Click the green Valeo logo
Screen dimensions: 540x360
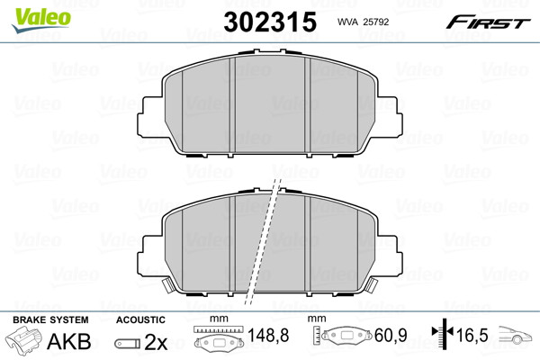(x=41, y=20)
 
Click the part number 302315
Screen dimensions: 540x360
(x=270, y=22)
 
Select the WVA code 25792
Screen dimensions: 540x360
(x=376, y=22)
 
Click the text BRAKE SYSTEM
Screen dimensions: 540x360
(x=50, y=320)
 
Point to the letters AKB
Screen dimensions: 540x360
(x=69, y=341)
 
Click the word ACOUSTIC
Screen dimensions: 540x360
(x=140, y=320)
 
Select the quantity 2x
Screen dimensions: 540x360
(x=156, y=342)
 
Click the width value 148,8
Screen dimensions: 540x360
(x=268, y=335)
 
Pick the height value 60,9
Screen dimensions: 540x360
(x=391, y=335)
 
